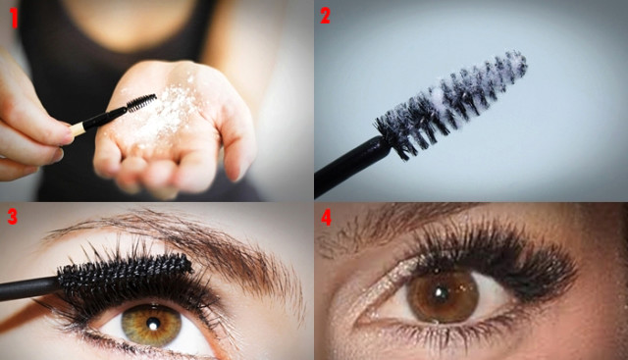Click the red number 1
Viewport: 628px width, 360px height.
pyautogui.click(x=14, y=18)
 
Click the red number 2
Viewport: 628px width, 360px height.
pyautogui.click(x=325, y=16)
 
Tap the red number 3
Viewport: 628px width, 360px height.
pyautogui.click(x=13, y=217)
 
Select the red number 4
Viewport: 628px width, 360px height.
pyautogui.click(x=326, y=218)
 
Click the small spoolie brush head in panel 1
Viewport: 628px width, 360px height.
pyautogui.click(x=141, y=103)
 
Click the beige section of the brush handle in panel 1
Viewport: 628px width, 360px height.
pyautogui.click(x=78, y=129)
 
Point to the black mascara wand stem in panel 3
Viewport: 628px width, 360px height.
pyautogui.click(x=28, y=289)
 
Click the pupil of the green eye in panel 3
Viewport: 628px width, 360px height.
pyautogui.click(x=153, y=324)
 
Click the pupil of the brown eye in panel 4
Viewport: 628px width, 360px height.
pyautogui.click(x=442, y=293)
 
